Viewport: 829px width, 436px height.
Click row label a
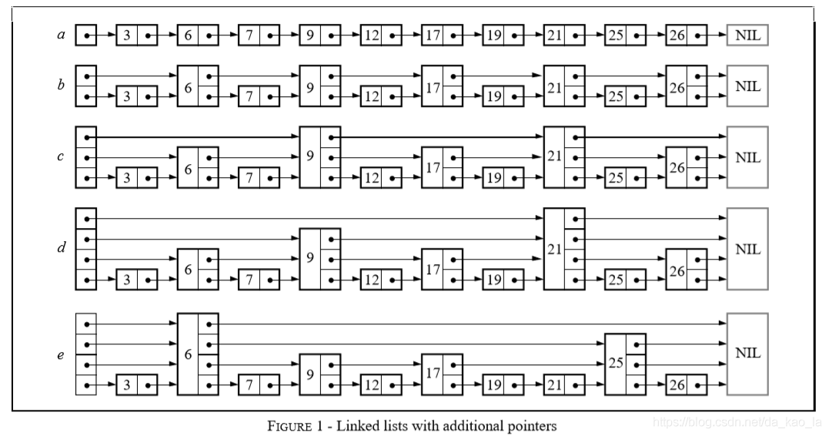(x=62, y=35)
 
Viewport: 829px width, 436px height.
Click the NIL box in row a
(x=747, y=35)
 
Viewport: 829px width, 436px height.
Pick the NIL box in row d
(x=747, y=249)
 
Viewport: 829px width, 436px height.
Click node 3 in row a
(x=137, y=35)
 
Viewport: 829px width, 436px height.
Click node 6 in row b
(x=198, y=87)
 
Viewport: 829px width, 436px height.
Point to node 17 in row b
(x=442, y=87)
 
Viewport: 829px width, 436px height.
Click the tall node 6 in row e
(x=198, y=354)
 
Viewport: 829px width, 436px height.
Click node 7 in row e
(x=259, y=384)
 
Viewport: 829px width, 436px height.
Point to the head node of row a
(x=86, y=35)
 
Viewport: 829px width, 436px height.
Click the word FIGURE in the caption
(x=291, y=425)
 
